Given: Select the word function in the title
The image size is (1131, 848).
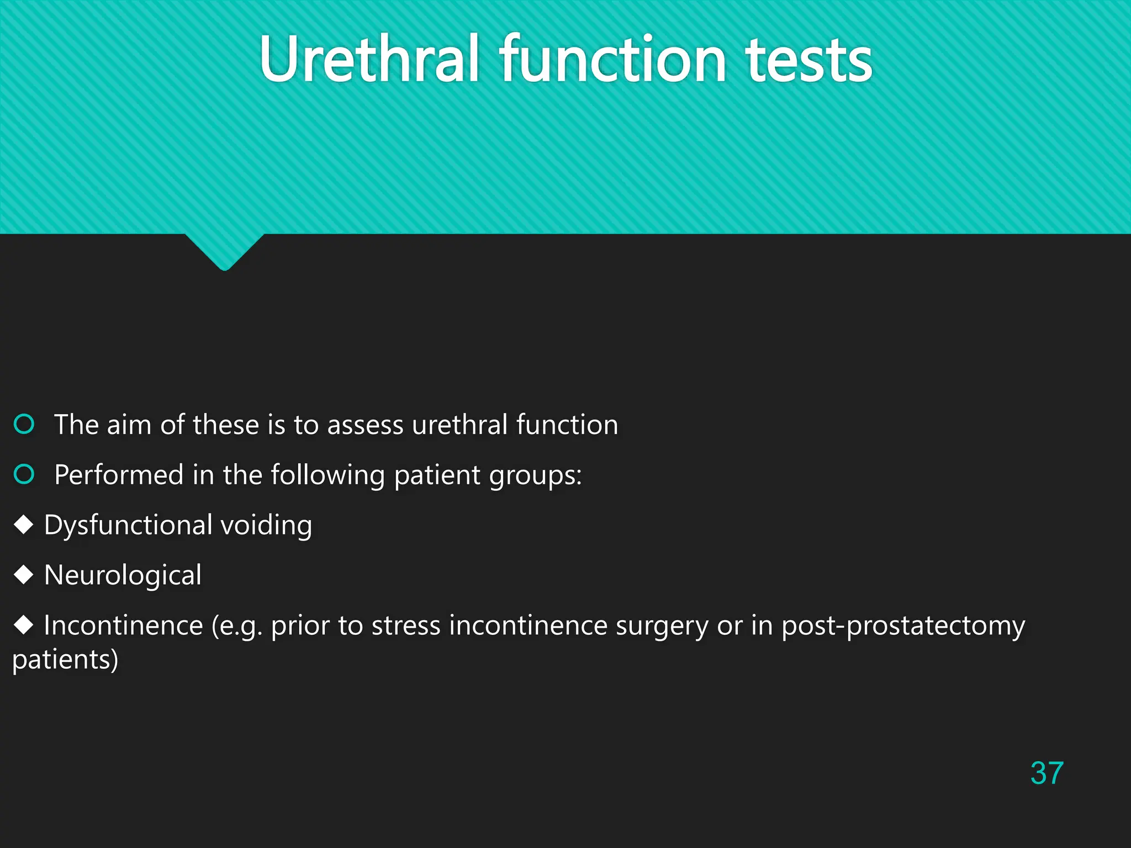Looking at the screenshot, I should [612, 59].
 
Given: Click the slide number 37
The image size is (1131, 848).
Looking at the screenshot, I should [1047, 773].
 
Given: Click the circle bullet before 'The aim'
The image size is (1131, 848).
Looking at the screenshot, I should [24, 424].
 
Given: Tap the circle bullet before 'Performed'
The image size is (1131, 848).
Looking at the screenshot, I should [24, 474].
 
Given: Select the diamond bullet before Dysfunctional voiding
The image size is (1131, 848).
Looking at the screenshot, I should [24, 524].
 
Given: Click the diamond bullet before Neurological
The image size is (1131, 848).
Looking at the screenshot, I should [24, 575].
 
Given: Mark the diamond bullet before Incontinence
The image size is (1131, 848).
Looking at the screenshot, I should [24, 625].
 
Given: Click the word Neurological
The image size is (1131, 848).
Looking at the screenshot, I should [123, 575].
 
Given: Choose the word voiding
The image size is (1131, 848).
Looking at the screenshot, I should [266, 525].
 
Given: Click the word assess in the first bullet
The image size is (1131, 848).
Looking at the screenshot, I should [365, 425].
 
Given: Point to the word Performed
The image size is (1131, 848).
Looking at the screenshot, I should [119, 475].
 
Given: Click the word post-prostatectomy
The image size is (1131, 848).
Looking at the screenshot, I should [903, 626].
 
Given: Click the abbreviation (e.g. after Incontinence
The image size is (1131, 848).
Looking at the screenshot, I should [237, 626].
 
